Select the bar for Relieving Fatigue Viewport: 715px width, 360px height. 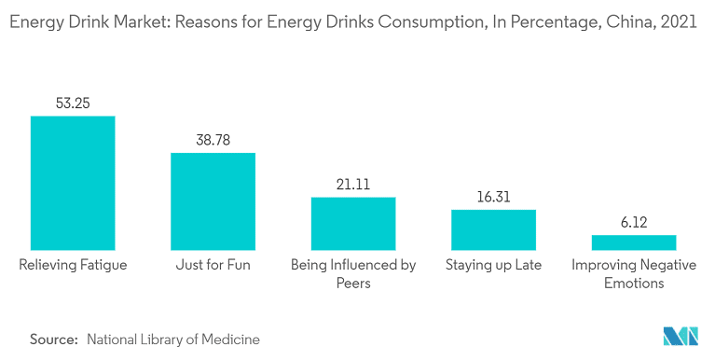73,181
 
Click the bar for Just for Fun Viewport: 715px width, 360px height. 213,200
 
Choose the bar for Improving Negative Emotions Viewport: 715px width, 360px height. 633,241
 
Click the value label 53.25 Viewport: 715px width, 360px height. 73,103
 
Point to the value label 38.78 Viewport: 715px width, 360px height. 213,140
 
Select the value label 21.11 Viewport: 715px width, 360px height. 353,185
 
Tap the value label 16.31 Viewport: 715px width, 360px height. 493,197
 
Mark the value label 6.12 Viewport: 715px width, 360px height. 633,222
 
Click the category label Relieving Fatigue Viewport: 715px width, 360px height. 73,265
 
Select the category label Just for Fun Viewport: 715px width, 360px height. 213,265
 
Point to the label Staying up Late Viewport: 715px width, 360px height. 493,265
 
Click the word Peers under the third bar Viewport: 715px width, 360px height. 353,283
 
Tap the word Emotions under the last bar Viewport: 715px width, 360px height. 633,283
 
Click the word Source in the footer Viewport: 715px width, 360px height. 52,339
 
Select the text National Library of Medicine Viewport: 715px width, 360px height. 173,339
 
